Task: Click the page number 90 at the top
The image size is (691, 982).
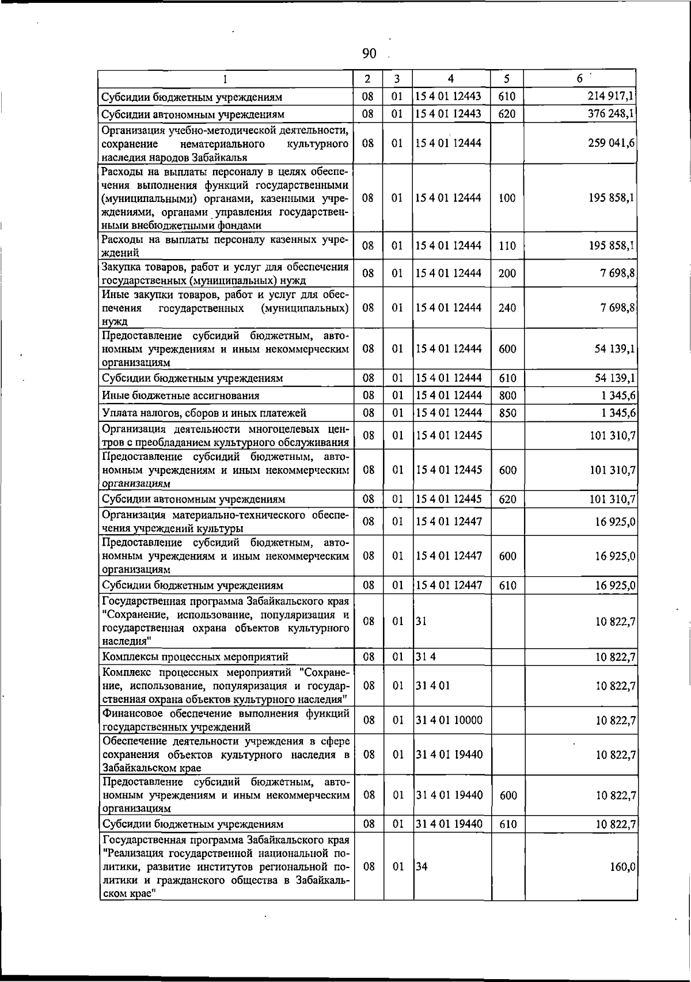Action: pyautogui.click(x=369, y=54)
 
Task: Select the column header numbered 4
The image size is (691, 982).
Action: pyautogui.click(x=451, y=79)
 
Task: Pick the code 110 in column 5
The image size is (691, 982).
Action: pyautogui.click(x=507, y=246)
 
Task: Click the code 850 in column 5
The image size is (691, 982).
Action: pyautogui.click(x=507, y=413)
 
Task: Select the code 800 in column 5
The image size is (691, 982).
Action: pyautogui.click(x=507, y=395)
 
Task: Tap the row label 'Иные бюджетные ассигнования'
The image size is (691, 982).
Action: pyautogui.click(x=181, y=395)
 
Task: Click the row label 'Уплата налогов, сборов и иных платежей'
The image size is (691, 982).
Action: pyautogui.click(x=204, y=413)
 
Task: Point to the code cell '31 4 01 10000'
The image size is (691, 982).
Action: pyautogui.click(x=449, y=720)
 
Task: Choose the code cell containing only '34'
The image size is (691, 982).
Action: pyautogui.click(x=422, y=867)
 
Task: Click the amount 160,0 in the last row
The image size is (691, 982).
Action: pyautogui.click(x=622, y=867)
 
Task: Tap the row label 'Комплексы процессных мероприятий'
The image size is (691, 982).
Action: pyautogui.click(x=195, y=657)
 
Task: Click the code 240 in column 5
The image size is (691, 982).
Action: pyautogui.click(x=507, y=308)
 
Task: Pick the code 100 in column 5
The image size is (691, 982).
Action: pyautogui.click(x=507, y=198)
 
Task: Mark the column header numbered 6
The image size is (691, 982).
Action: pyautogui.click(x=580, y=79)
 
